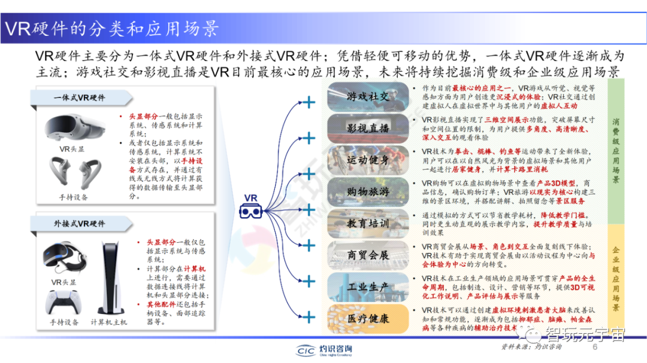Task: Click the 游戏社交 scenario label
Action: tap(368, 96)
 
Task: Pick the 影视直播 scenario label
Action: tap(368, 128)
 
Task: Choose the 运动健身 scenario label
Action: tap(368, 160)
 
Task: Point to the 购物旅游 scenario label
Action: tap(368, 192)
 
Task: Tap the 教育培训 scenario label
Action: tap(368, 224)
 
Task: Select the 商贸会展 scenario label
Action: tap(368, 255)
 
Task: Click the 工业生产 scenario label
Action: tap(368, 287)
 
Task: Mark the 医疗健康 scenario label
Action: tap(368, 319)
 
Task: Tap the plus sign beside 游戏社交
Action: tap(309, 103)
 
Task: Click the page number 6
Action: tap(595, 347)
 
